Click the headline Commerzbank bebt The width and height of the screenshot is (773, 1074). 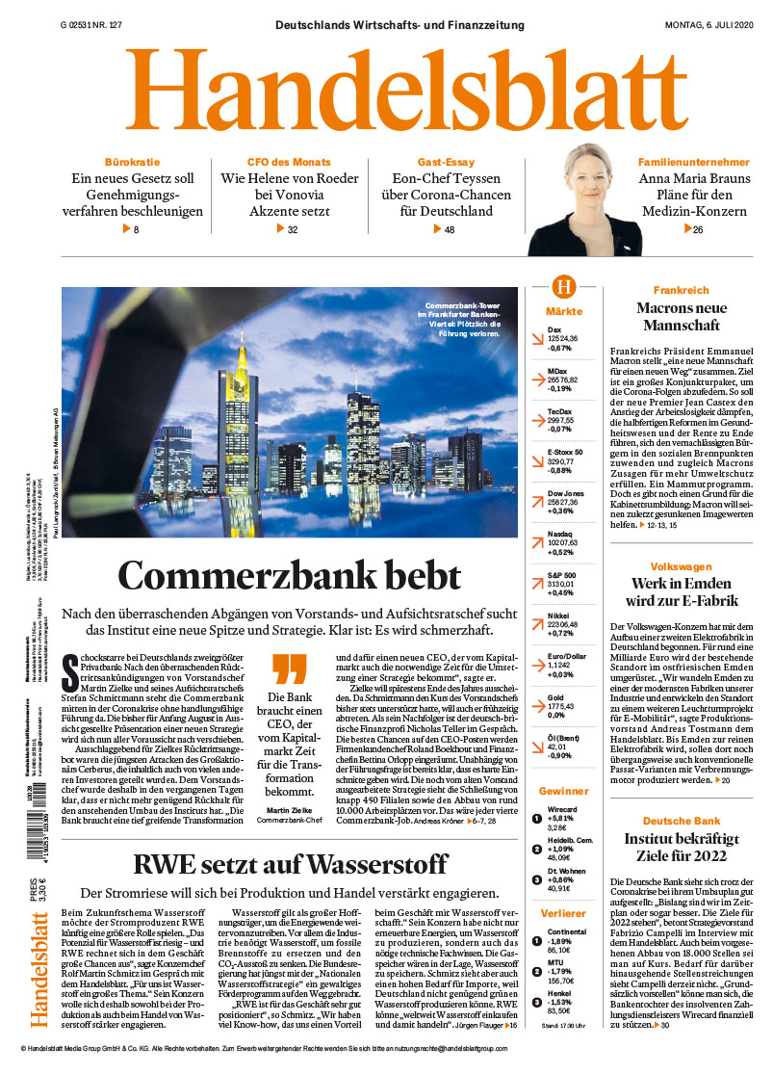289,576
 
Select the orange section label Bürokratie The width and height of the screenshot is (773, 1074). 132,162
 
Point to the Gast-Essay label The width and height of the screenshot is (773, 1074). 445,162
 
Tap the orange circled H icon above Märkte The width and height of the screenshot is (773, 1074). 563,287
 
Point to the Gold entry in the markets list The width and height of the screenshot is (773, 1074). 554,696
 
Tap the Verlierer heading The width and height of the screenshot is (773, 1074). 563,913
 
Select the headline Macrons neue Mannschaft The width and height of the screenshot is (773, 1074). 680,317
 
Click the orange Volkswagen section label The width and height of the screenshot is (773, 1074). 681,566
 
